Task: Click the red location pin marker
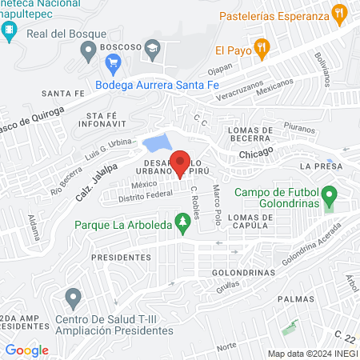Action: [x=181, y=162]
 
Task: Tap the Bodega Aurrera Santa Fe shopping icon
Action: [x=113, y=84]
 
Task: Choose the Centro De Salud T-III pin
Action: [x=74, y=300]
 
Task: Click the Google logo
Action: [x=27, y=350]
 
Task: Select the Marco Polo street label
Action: [x=215, y=205]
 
